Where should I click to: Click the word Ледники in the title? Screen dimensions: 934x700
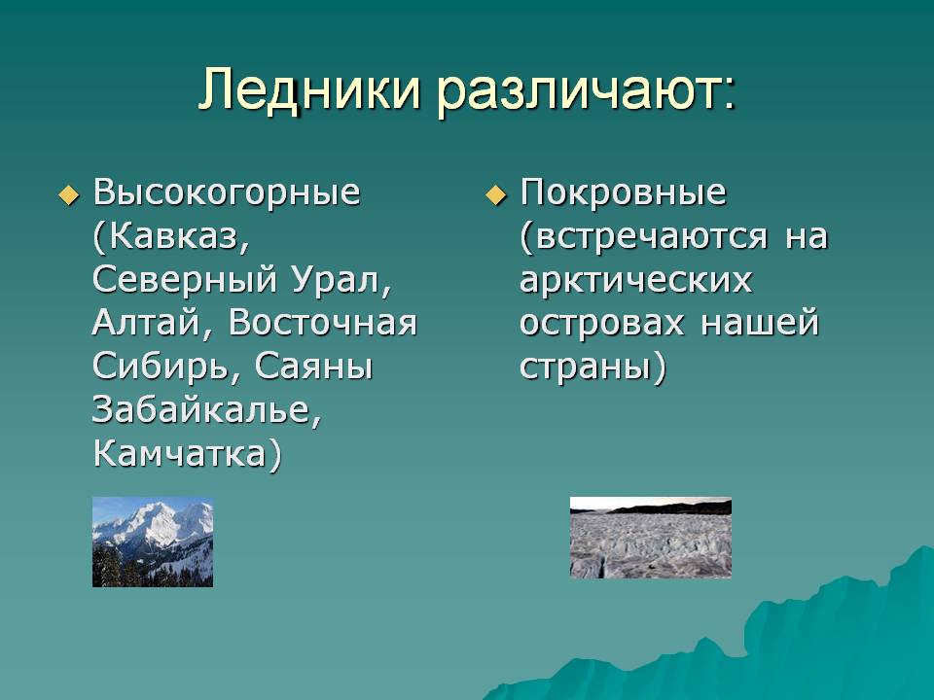click(x=309, y=89)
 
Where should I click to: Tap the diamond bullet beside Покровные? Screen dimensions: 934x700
click(x=495, y=195)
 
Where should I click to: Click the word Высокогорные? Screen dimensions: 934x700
click(x=227, y=193)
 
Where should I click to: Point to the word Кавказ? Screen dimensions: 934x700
click(x=173, y=236)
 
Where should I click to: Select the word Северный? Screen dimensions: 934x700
click(x=185, y=280)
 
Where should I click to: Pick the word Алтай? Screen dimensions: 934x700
click(x=148, y=323)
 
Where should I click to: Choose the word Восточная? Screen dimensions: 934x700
click(x=323, y=323)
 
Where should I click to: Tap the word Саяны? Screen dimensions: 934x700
click(x=313, y=367)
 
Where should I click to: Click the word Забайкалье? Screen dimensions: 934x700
click(x=201, y=410)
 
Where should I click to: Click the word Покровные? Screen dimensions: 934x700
click(x=623, y=193)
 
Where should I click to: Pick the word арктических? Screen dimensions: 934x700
click(x=635, y=281)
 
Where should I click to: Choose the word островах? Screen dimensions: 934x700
click(x=601, y=324)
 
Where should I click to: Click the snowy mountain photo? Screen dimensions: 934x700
click(x=153, y=542)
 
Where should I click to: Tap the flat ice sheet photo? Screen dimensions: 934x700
click(x=651, y=538)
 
